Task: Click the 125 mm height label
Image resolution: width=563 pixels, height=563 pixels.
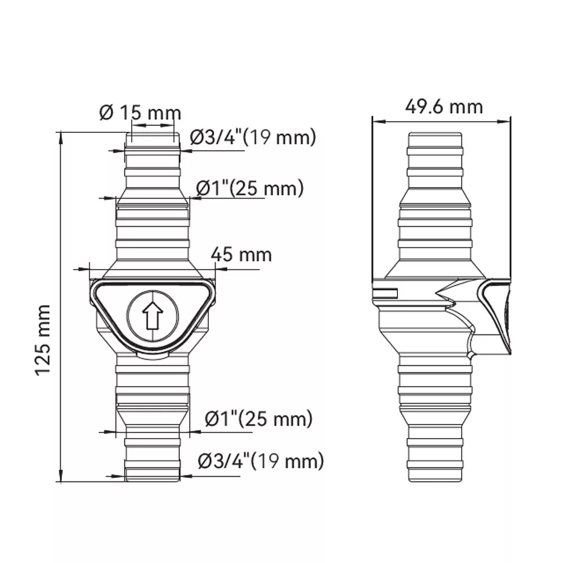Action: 43,340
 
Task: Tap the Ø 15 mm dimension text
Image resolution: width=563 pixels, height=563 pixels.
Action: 140,113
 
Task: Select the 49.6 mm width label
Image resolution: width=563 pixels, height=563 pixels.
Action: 444,106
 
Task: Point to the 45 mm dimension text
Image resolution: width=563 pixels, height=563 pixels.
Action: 241,254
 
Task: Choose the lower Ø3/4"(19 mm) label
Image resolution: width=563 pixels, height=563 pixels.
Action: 261,461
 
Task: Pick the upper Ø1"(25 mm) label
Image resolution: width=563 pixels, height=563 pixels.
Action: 250,188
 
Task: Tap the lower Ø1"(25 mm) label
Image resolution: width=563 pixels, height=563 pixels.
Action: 258,419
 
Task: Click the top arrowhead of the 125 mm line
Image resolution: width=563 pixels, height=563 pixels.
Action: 61,138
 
